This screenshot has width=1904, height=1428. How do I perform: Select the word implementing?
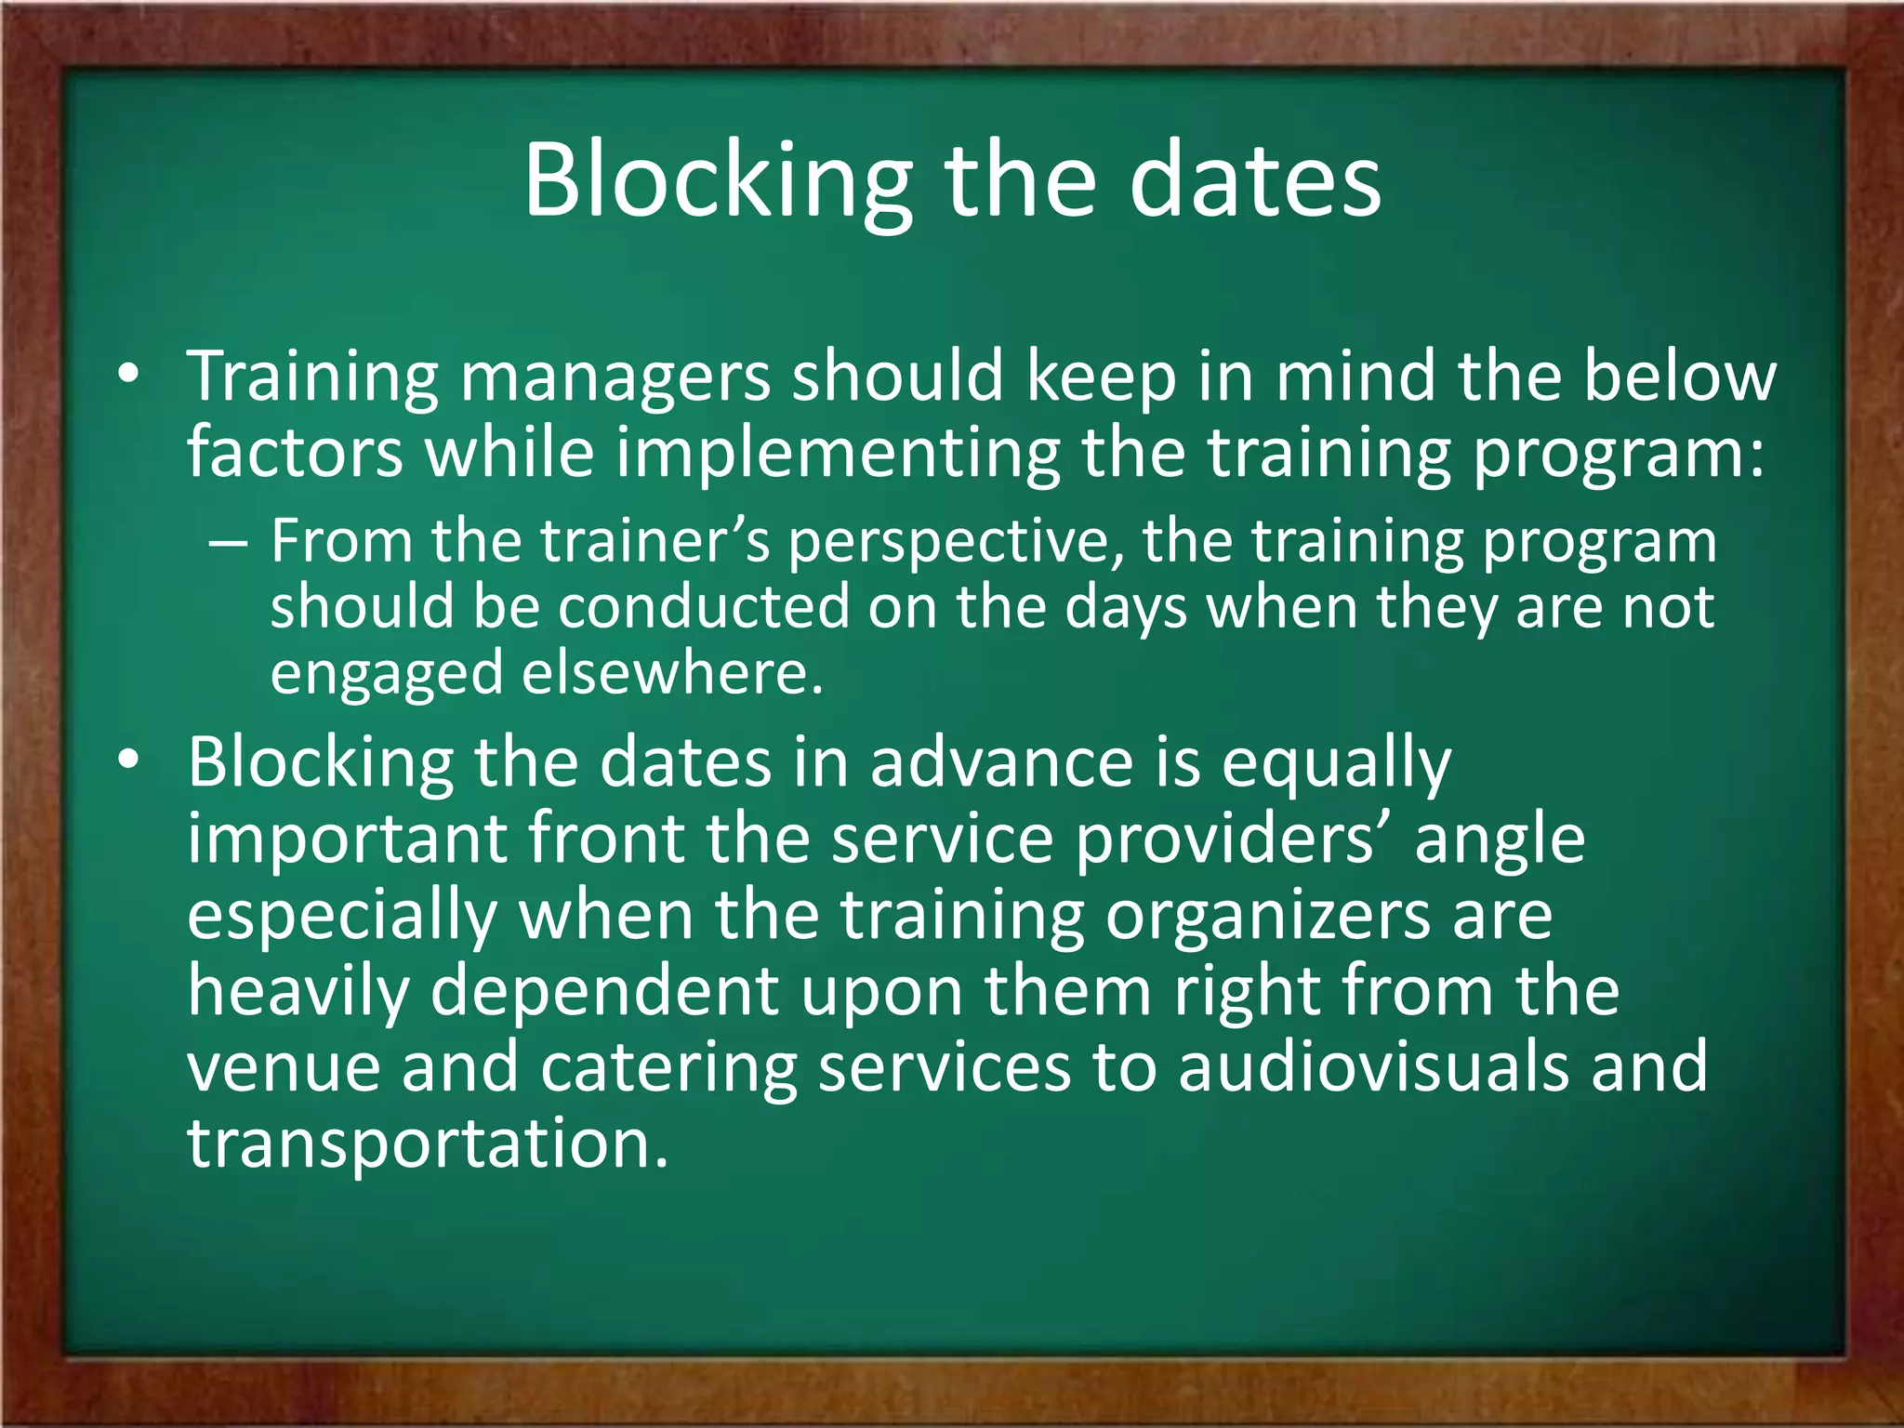837,454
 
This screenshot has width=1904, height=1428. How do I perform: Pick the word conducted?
704,608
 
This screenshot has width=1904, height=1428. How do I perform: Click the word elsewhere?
672,673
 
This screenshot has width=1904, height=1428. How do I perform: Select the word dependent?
604,993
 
